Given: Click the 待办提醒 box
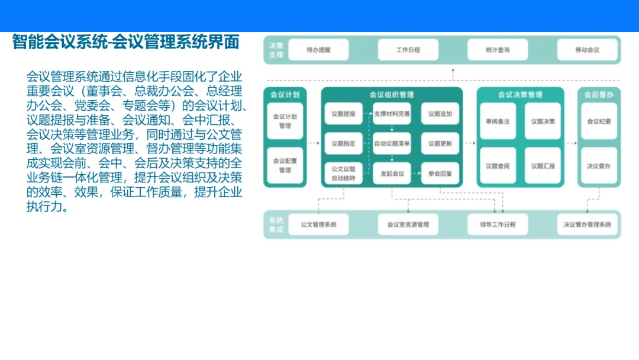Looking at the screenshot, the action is click(x=318, y=50).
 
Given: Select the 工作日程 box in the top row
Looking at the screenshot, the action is click(x=408, y=50).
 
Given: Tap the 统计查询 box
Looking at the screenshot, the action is click(x=498, y=50).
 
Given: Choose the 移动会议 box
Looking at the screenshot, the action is click(x=587, y=50).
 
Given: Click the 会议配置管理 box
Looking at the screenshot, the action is click(x=285, y=165).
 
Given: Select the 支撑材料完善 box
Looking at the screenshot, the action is click(x=392, y=114).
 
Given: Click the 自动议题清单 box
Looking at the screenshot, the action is click(x=392, y=143).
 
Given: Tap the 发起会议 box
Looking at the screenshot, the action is click(x=392, y=173).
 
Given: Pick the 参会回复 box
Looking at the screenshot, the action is click(x=440, y=173).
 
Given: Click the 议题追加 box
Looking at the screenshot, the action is click(x=440, y=114).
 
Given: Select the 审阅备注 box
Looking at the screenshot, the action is click(x=498, y=121).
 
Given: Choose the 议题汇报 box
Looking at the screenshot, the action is click(x=543, y=166).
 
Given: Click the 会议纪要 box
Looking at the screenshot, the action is click(x=599, y=121).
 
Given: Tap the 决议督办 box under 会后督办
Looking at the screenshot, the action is click(x=599, y=166).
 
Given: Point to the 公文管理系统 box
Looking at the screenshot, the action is click(x=318, y=224).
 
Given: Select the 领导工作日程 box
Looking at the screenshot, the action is click(x=498, y=224).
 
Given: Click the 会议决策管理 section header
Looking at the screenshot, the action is click(x=520, y=95).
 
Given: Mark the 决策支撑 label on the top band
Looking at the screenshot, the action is click(x=276, y=50).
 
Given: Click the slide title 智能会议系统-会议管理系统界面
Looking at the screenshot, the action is click(x=125, y=43).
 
